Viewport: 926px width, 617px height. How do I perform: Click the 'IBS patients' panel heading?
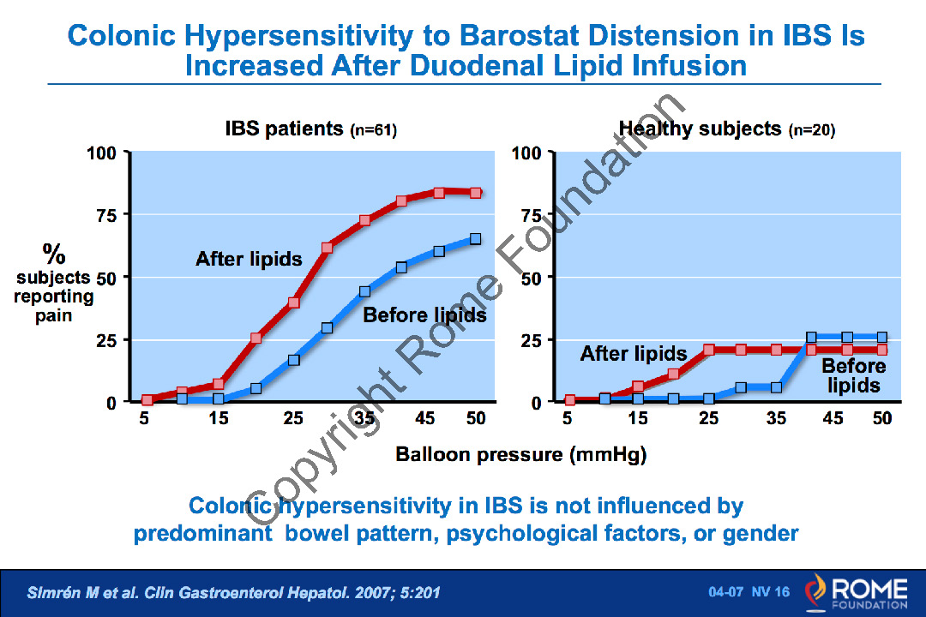[284, 130]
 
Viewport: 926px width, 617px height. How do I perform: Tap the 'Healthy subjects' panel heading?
[700, 130]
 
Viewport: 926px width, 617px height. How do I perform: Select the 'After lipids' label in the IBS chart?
[249, 258]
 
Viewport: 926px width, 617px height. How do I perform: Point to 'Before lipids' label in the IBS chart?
[424, 315]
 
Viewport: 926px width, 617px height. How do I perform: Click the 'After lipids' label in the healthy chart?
[634, 353]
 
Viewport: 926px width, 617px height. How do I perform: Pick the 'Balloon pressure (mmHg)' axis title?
[520, 454]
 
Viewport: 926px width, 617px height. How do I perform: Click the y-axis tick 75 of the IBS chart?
[106, 215]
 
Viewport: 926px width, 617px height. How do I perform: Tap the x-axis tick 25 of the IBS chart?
[293, 419]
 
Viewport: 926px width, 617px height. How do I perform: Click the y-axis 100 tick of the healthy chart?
[526, 153]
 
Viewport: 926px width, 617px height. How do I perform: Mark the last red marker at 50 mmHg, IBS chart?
[476, 193]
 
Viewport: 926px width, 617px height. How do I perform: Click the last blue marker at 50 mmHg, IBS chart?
[476, 239]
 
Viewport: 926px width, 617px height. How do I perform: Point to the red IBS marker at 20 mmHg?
[256, 338]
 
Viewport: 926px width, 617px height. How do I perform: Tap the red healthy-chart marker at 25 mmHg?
[708, 350]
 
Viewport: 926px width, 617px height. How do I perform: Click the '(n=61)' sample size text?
[374, 131]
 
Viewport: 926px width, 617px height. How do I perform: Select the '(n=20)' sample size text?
[811, 131]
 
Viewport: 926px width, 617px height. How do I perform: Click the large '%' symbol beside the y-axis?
[54, 254]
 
